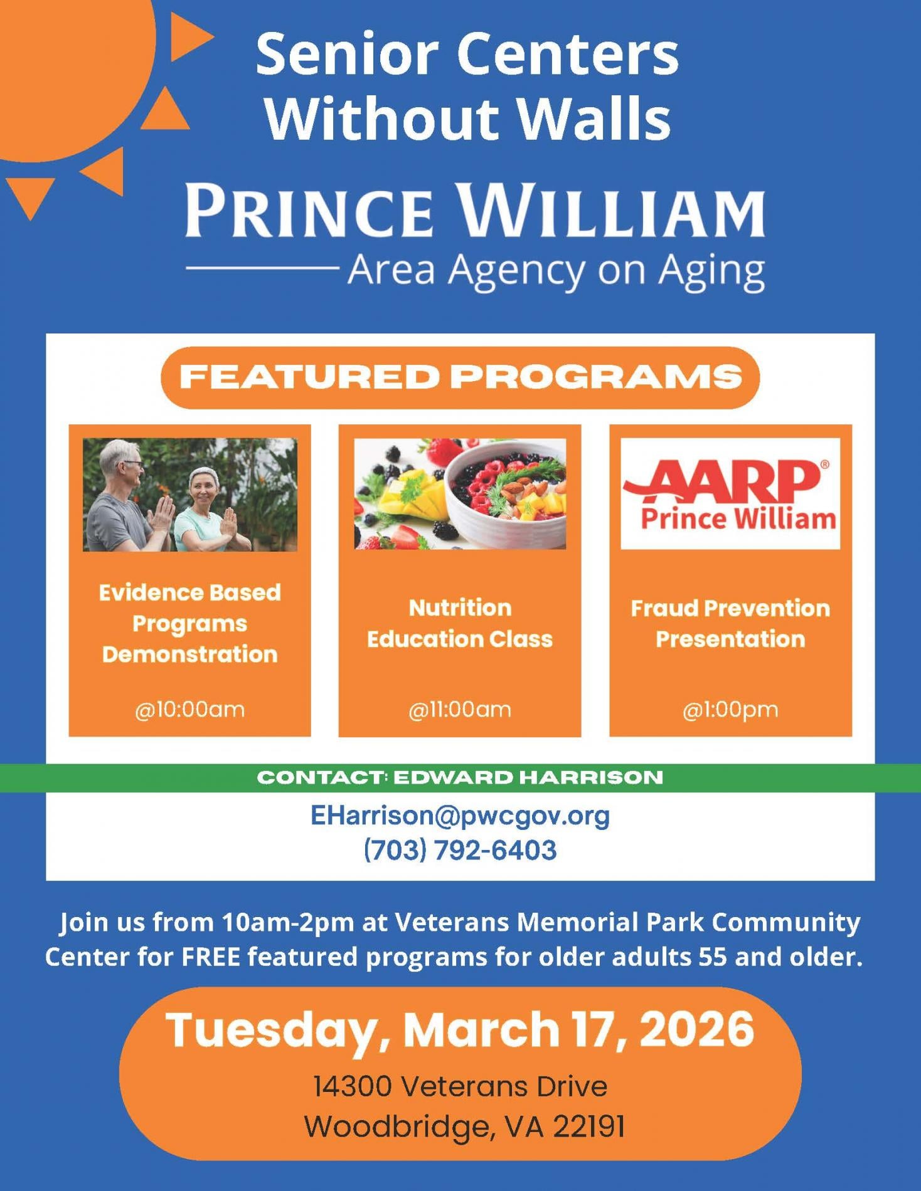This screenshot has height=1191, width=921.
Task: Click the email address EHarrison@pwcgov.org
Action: point(460,816)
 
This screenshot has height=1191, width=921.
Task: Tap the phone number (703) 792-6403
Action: point(460,851)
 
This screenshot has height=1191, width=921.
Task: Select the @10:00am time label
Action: point(189,710)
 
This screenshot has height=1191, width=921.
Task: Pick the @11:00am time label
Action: point(460,710)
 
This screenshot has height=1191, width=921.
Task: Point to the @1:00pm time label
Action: point(730,710)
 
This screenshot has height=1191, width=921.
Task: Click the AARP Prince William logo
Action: point(730,494)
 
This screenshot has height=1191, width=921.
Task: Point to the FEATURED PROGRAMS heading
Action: point(460,377)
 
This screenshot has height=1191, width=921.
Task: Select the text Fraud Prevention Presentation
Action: point(730,623)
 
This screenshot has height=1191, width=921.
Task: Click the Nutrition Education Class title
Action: point(460,623)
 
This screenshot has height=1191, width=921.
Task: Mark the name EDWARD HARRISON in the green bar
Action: point(528,777)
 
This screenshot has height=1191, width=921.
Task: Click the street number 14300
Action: point(353,1086)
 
